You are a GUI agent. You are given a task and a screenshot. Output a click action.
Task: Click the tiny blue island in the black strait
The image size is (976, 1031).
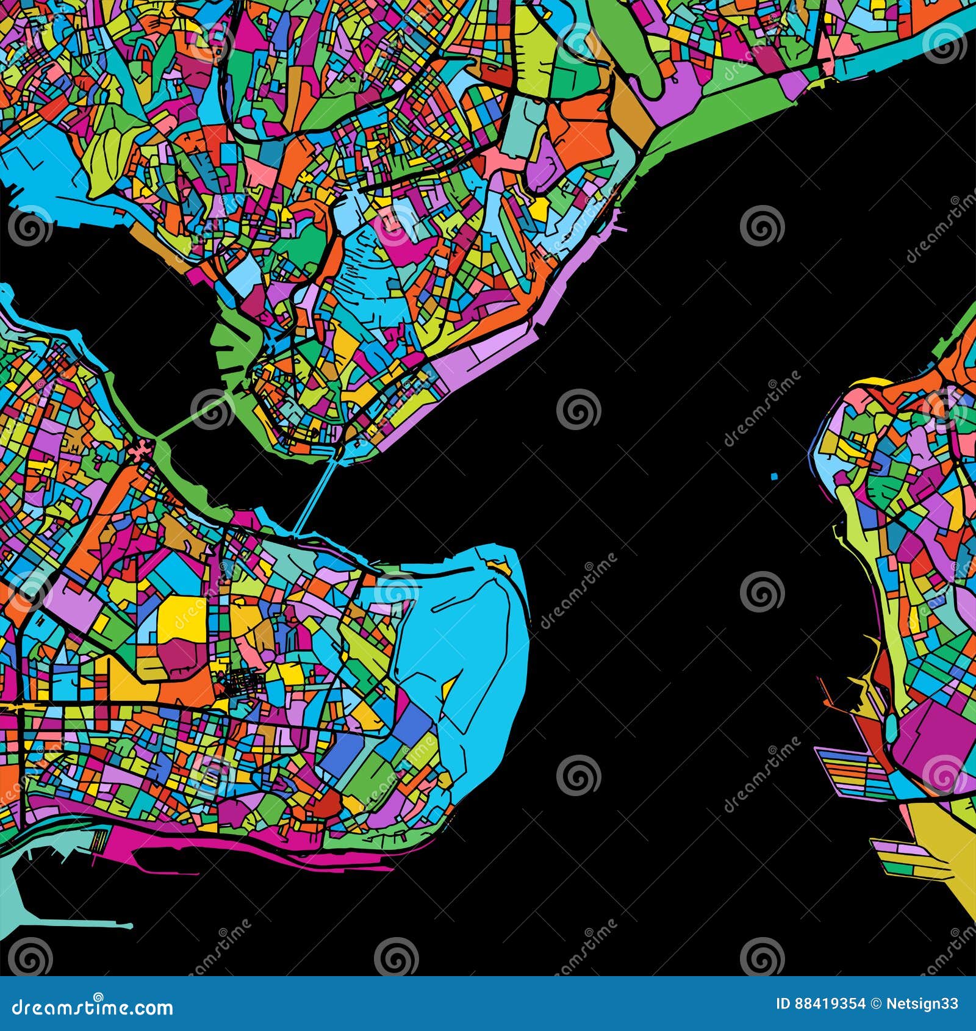click(775, 476)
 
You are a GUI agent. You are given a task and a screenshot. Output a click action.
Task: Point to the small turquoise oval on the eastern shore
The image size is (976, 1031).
click(891, 726)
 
